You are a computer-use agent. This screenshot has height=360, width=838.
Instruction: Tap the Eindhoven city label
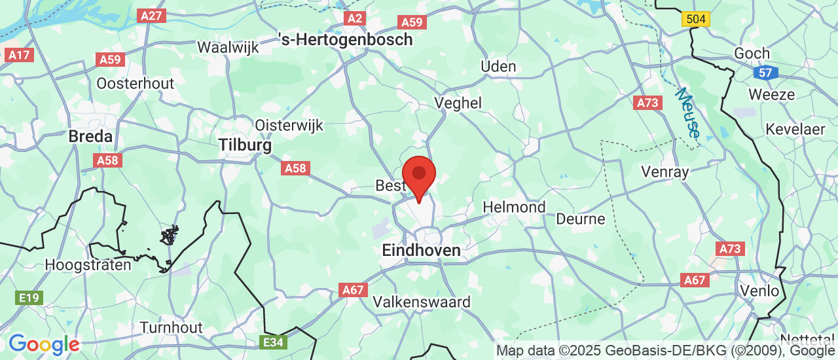coord(421,250)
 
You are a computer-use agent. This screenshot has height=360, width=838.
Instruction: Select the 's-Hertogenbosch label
coord(346,39)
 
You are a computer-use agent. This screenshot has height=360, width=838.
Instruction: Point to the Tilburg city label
coord(245,145)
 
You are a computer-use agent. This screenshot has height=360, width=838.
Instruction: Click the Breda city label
coord(90,137)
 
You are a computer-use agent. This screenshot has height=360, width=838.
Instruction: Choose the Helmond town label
coord(514,207)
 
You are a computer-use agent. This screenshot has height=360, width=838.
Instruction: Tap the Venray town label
coord(665,172)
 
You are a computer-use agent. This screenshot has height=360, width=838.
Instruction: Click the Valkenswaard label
coord(421,302)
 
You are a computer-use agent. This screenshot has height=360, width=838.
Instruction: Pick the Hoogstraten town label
coord(88,265)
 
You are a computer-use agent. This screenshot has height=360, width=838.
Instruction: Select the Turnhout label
coord(171,327)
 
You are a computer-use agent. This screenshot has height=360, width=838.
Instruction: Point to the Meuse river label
coord(689,113)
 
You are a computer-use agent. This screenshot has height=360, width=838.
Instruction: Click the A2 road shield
coord(354,18)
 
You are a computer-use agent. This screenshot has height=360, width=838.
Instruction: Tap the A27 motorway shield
coord(151,15)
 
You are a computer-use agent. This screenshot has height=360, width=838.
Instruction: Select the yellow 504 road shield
coord(696,19)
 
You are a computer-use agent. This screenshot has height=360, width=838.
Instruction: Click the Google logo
coord(44,344)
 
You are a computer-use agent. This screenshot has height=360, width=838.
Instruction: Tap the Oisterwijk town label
coord(289,125)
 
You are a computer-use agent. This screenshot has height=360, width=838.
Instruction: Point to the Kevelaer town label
coord(795,129)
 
